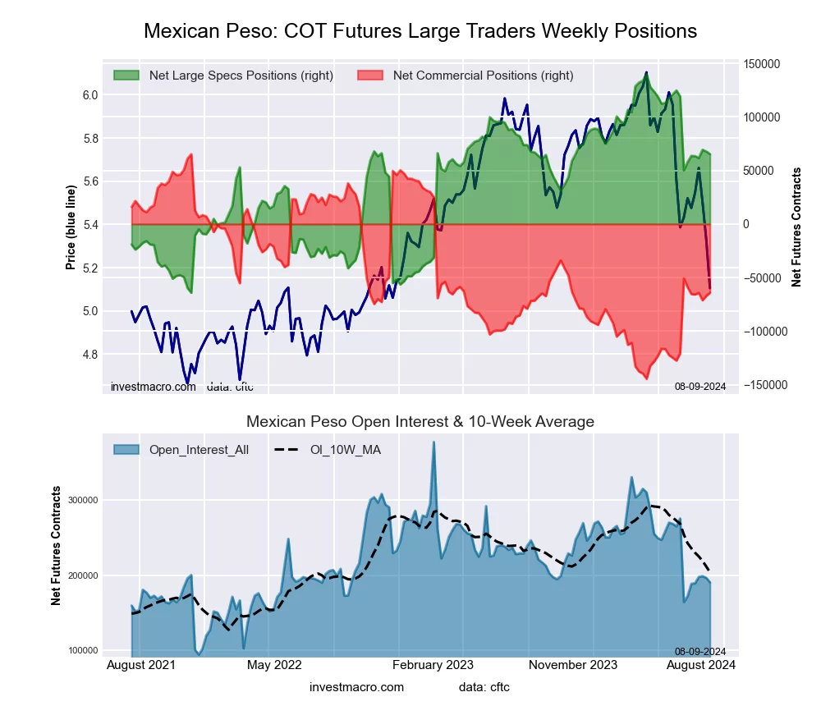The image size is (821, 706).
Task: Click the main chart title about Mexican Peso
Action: (420, 31)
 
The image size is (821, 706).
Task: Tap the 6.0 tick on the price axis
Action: (90, 95)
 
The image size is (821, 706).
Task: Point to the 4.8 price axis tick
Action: (90, 355)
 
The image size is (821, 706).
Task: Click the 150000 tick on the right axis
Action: (762, 64)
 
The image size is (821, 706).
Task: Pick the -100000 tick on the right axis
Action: (764, 332)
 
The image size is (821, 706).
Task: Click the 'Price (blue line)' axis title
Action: (71, 228)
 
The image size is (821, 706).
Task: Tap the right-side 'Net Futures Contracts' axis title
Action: (796, 227)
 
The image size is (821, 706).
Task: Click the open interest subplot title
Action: (420, 422)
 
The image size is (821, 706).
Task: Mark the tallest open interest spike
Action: (433, 443)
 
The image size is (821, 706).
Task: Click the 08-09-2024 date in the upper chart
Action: (700, 386)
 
